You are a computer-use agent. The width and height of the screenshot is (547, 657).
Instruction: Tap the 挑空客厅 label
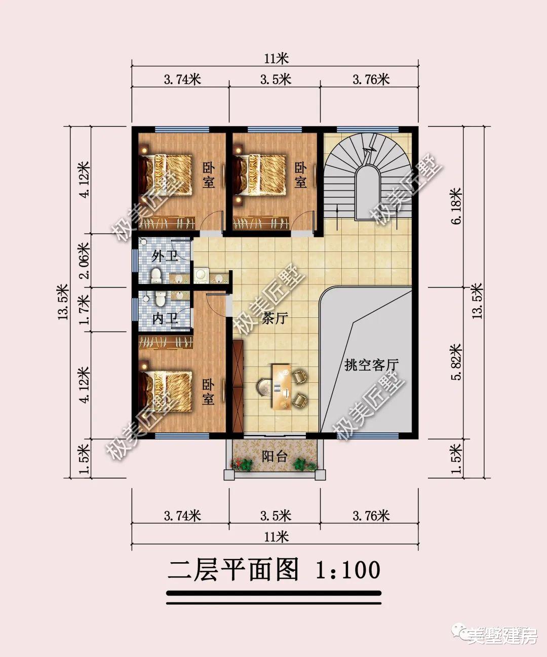click(372, 364)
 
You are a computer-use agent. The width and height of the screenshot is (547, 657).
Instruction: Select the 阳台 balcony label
click(275, 456)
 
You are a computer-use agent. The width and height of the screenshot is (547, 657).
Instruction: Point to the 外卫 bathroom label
click(165, 255)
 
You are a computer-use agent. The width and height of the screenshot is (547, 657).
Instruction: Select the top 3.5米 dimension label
click(276, 80)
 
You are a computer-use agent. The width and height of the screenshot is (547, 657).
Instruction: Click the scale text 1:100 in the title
click(347, 570)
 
